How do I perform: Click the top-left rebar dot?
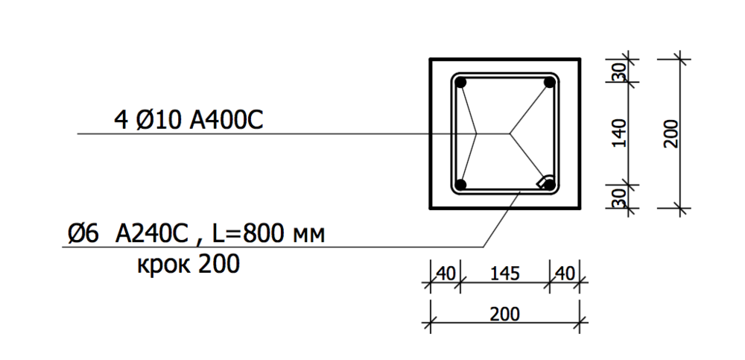pos(461,82)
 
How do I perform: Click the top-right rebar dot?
pos(550,83)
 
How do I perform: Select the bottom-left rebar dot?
pos(461,184)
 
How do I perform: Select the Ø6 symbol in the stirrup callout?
pos(81,235)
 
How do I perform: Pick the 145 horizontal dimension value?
pos(504,274)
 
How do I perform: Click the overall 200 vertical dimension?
pos(670,133)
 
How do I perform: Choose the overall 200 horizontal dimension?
pos(504,315)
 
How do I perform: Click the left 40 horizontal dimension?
pos(445,274)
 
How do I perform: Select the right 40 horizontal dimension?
pos(564,274)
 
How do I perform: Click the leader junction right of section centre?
pos(511,134)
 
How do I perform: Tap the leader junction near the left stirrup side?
pos(477,134)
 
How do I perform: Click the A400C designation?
pos(226,119)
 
